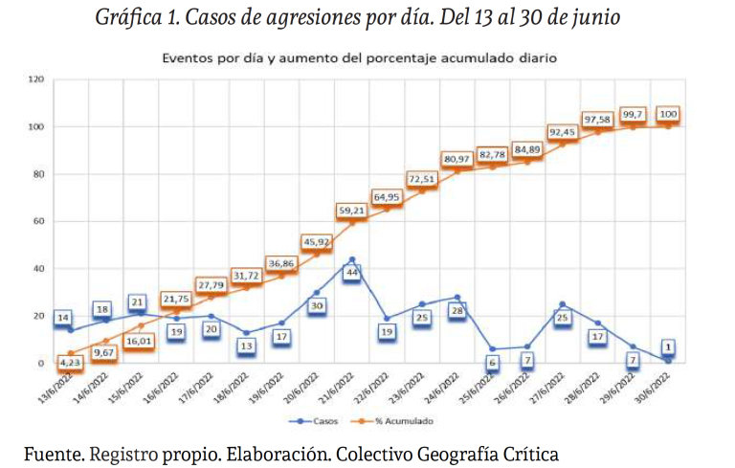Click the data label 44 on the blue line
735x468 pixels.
[x=352, y=273]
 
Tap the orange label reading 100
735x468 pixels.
[x=668, y=115]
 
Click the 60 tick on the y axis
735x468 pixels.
[x=40, y=221]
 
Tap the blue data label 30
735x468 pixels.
[x=317, y=306]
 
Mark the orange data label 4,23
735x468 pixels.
[x=69, y=363]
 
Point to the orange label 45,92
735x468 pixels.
[x=317, y=241]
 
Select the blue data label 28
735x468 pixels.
[x=457, y=311]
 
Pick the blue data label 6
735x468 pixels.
[x=492, y=364]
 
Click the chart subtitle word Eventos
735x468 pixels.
[x=189, y=58]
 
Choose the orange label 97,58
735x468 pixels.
[x=598, y=119]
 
